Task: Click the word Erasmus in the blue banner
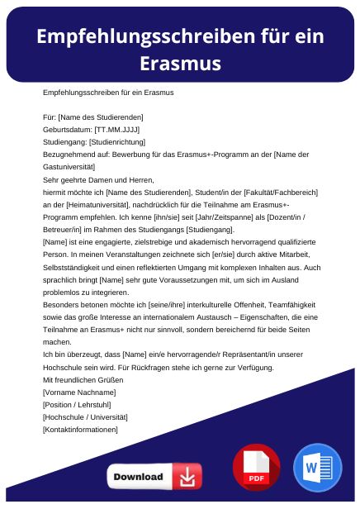179,64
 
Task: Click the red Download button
154,477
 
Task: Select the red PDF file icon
256,468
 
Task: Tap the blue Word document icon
317,468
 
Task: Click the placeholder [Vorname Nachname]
79,392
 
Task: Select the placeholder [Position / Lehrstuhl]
80,404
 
